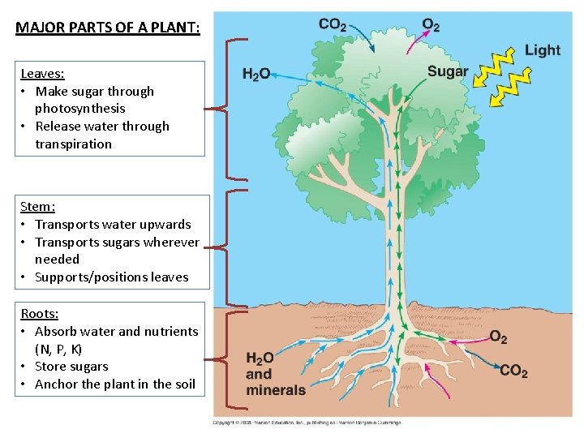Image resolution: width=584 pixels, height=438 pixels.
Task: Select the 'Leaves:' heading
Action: (x=42, y=74)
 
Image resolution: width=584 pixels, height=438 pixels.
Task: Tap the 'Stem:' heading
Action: (x=37, y=207)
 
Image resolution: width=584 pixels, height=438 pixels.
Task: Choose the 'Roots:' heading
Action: (x=40, y=314)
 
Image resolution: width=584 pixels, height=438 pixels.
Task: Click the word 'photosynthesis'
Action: (x=79, y=109)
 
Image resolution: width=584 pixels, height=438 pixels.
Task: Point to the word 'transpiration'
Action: (x=73, y=144)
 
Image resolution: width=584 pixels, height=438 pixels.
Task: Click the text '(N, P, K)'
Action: (x=58, y=349)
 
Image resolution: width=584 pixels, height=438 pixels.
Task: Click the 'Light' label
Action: (x=542, y=50)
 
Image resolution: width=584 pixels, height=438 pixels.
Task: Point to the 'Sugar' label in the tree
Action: (x=448, y=71)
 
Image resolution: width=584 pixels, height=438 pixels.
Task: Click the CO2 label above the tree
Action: (x=333, y=25)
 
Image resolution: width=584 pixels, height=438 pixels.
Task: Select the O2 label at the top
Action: (x=431, y=25)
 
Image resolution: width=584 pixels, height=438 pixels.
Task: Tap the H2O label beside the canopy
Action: (x=256, y=75)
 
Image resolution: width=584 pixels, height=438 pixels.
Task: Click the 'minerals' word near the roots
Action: (x=276, y=390)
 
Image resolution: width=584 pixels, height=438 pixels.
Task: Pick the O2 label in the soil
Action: (x=499, y=337)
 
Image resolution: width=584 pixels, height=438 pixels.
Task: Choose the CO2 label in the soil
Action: (x=513, y=371)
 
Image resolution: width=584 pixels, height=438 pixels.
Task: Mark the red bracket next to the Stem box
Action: (x=221, y=243)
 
